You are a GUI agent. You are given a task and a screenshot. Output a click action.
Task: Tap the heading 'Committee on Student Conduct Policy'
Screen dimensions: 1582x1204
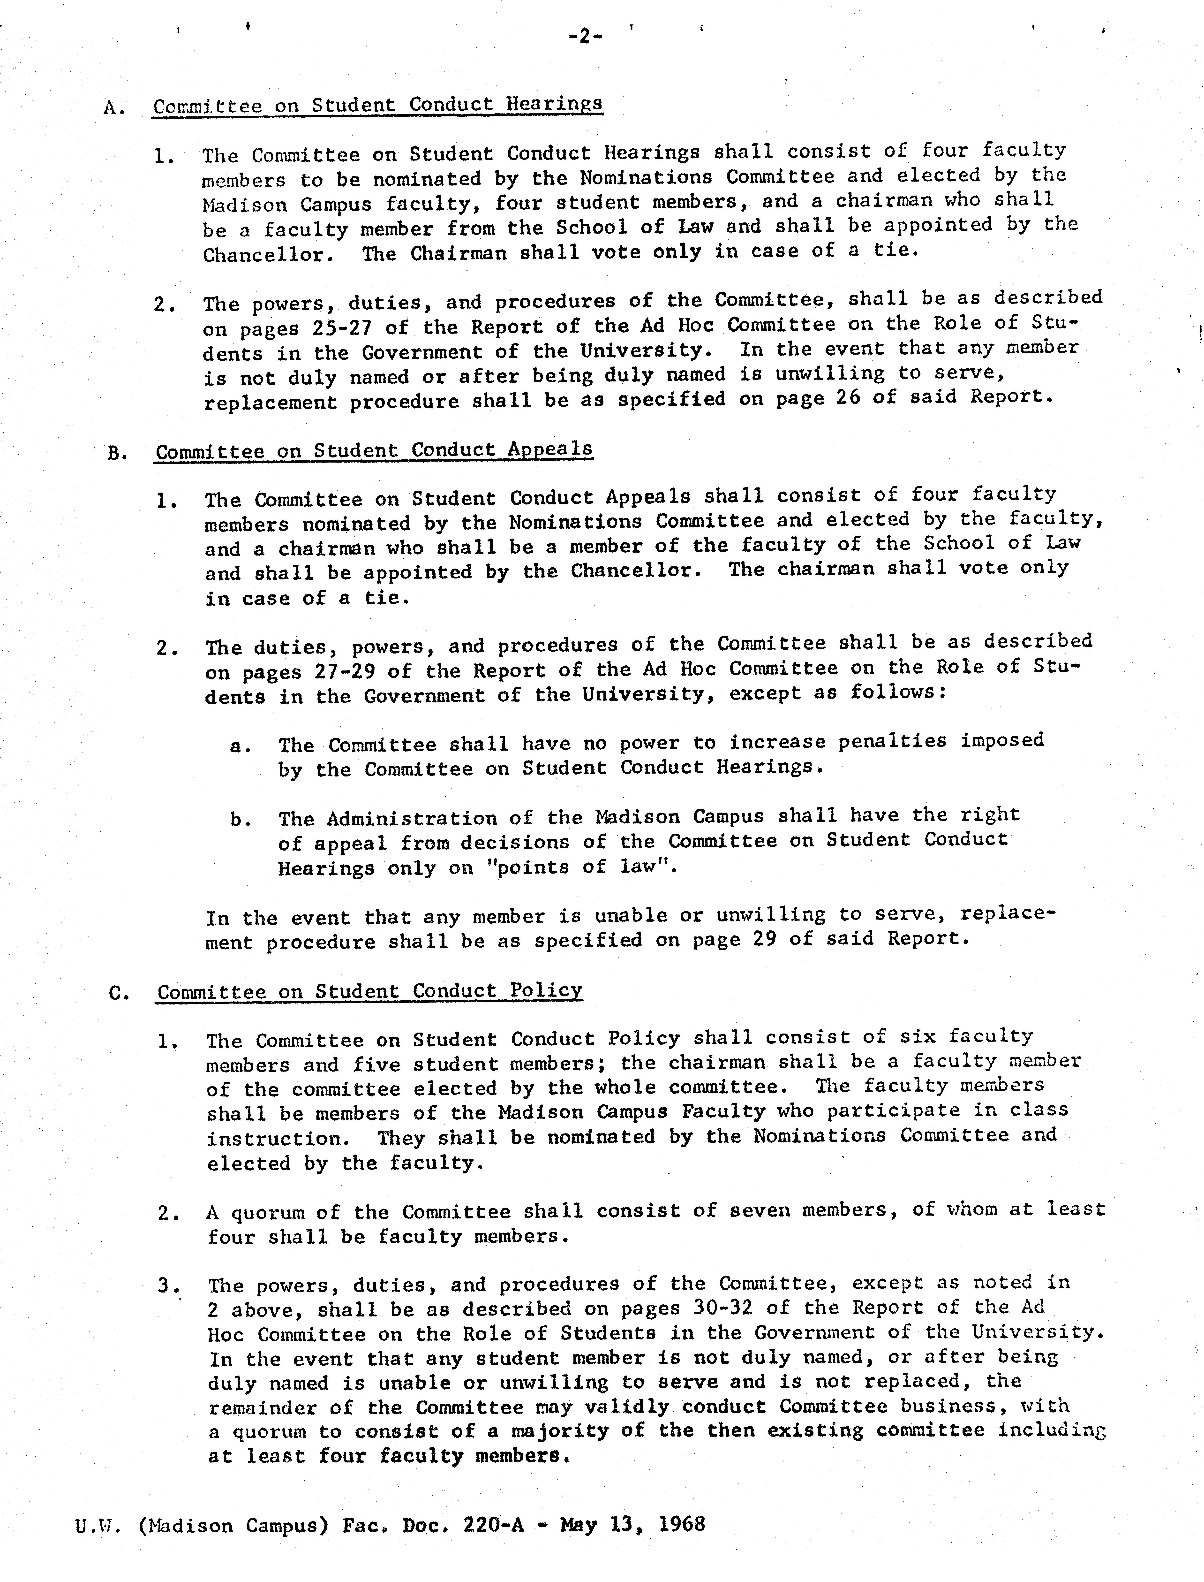click(x=370, y=991)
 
